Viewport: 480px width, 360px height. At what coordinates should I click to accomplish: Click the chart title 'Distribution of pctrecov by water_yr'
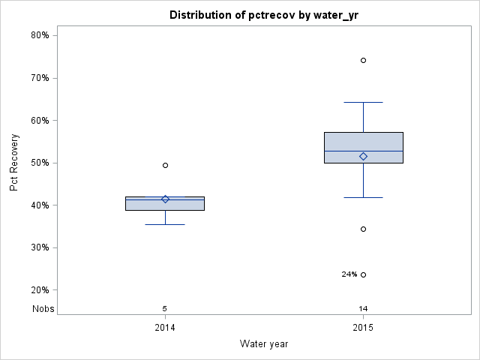click(263, 15)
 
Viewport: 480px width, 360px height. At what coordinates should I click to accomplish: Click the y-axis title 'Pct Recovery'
click(14, 163)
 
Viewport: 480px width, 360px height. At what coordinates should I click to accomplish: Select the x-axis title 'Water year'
click(264, 344)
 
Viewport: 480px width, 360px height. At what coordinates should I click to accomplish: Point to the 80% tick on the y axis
click(40, 35)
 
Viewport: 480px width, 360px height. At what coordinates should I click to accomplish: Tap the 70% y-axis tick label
click(40, 78)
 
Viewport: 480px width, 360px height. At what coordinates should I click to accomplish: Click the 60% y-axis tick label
click(40, 120)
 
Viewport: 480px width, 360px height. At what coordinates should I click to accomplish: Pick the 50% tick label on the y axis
click(40, 163)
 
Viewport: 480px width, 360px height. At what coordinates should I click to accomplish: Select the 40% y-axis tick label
click(40, 205)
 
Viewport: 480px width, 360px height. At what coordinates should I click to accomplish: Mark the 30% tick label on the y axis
click(40, 247)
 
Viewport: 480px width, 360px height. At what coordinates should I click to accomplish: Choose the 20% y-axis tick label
click(40, 290)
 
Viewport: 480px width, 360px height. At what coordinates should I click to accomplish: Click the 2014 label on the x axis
click(165, 328)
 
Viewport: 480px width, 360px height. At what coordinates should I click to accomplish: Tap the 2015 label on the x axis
click(363, 328)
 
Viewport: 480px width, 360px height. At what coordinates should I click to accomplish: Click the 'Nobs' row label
click(43, 308)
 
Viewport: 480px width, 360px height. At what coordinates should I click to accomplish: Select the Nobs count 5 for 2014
click(165, 308)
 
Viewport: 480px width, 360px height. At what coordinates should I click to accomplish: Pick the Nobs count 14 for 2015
click(363, 308)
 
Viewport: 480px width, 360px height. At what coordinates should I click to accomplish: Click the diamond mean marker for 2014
click(165, 199)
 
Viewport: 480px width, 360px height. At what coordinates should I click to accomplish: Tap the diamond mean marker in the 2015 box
click(363, 156)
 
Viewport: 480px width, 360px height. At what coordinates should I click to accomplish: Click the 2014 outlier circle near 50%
click(165, 165)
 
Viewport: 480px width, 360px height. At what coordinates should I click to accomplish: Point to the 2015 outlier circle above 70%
click(363, 60)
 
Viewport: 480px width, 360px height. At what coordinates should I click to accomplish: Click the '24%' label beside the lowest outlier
click(349, 274)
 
